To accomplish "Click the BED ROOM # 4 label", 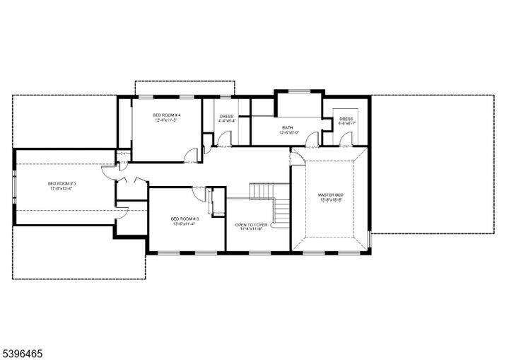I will tap(168, 115).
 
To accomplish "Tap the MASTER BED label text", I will tap(330, 194).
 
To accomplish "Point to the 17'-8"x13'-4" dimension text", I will tap(62, 189).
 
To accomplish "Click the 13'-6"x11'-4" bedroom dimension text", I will tap(185, 224).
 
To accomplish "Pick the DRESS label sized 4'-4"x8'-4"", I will tap(226, 116).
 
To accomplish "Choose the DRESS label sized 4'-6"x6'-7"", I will tap(346, 119).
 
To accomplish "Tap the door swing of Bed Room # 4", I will tap(190, 156).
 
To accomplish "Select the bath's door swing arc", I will tap(311, 139).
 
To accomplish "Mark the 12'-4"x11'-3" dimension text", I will tap(168, 121).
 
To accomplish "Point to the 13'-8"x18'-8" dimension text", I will tap(330, 200).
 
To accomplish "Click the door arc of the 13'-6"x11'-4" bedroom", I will tap(199, 193).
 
